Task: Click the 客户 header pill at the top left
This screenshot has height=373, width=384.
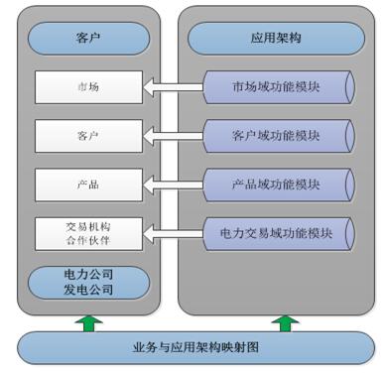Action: pyautogui.click(x=87, y=41)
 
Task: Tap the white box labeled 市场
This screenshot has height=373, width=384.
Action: pyautogui.click(x=87, y=87)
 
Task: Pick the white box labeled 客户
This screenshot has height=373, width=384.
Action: pyautogui.click(x=87, y=135)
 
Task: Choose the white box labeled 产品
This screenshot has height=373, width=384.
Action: pyautogui.click(x=87, y=184)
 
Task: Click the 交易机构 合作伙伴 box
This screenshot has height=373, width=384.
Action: pyautogui.click(x=87, y=233)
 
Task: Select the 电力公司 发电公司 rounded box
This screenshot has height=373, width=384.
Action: pyautogui.click(x=87, y=282)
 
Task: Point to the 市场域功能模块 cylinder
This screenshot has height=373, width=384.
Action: pyautogui.click(x=278, y=85)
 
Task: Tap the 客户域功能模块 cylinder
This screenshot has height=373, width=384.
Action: pyautogui.click(x=278, y=134)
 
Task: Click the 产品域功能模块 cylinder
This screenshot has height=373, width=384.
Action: pyautogui.click(x=278, y=184)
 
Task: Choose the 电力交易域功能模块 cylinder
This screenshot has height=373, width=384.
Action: pyautogui.click(x=278, y=232)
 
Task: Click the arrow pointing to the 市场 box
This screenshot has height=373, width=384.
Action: pyautogui.click(x=173, y=87)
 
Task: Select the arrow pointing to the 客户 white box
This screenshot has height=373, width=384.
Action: pyautogui.click(x=173, y=136)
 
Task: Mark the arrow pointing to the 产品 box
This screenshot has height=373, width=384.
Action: pyautogui.click(x=173, y=185)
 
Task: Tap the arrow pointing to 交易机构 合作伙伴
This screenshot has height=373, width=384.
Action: pyautogui.click(x=173, y=233)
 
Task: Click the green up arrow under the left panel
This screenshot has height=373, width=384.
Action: pyautogui.click(x=87, y=322)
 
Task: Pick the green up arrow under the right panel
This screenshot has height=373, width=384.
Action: pyautogui.click(x=287, y=322)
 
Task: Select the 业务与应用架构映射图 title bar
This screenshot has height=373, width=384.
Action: pyautogui.click(x=193, y=349)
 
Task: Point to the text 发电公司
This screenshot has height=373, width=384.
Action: pyautogui.click(x=87, y=291)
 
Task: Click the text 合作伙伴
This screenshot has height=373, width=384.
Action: pyautogui.click(x=87, y=240)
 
